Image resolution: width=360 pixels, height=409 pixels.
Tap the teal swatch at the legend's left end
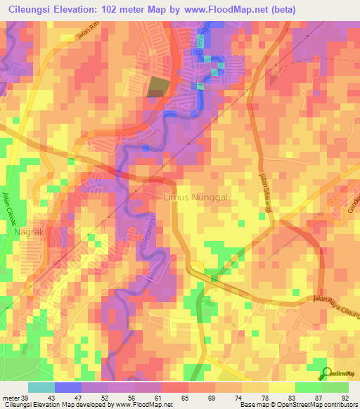coord(41,387)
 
